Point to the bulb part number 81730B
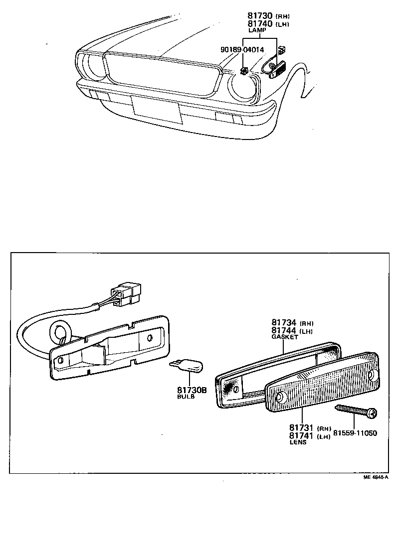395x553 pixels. [x=192, y=390]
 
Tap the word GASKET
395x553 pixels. [x=285, y=337]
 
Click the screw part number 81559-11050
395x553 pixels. [x=355, y=432]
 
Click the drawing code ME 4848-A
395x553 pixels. [x=376, y=477]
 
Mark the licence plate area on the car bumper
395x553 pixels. [x=157, y=110]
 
